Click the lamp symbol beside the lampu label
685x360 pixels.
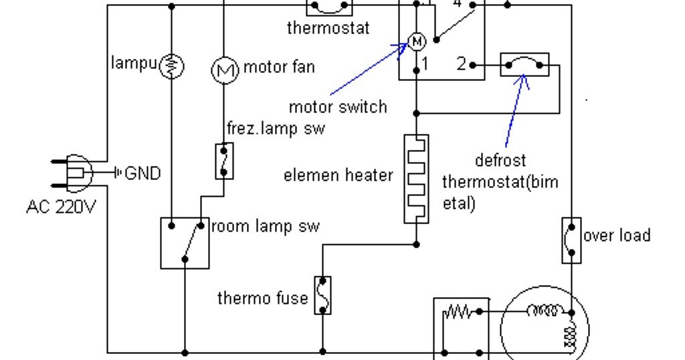pyautogui.click(x=172, y=66)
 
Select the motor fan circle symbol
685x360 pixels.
pyautogui.click(x=225, y=69)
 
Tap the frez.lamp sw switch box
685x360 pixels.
pyautogui.click(x=224, y=161)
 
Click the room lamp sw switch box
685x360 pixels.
pyautogui.click(x=185, y=242)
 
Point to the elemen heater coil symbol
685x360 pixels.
pyautogui.click(x=416, y=178)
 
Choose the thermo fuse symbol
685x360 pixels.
pyautogui.click(x=322, y=294)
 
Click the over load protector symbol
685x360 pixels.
pyautogui.click(x=571, y=240)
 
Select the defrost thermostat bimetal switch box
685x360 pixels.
pyautogui.click(x=524, y=65)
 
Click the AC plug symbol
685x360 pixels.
pyautogui.click(x=74, y=173)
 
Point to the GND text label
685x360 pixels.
pyautogui.click(x=142, y=174)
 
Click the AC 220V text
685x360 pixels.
pyautogui.click(x=62, y=207)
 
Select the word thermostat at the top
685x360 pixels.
pyautogui.click(x=328, y=28)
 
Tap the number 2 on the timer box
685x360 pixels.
pyautogui.click(x=461, y=64)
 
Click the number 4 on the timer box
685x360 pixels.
pyautogui.click(x=458, y=4)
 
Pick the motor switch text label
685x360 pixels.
pyautogui.click(x=338, y=106)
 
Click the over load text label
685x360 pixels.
pyautogui.click(x=616, y=236)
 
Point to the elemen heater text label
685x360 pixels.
pyautogui.click(x=338, y=176)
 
